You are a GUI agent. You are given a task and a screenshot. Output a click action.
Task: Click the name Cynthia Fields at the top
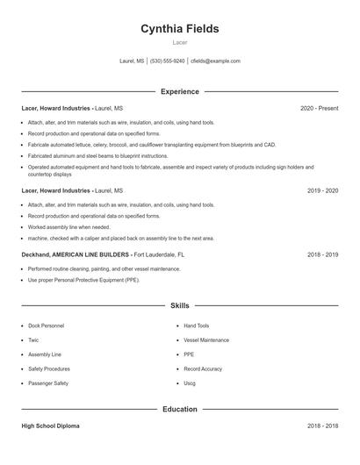(180, 29)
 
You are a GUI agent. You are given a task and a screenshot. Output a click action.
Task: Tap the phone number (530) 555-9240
(167, 61)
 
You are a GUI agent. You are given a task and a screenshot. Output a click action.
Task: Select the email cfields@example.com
(215, 61)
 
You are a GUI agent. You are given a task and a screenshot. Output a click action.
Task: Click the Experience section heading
(180, 91)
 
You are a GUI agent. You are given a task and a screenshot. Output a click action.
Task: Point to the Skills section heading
(180, 305)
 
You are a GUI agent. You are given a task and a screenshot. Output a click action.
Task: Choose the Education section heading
(180, 409)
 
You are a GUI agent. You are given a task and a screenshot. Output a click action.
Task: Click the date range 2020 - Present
(319, 109)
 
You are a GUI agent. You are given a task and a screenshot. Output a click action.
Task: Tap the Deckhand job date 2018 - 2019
(323, 254)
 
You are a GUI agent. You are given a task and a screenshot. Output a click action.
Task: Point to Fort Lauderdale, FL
(159, 254)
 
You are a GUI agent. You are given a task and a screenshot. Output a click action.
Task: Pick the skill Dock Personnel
(46, 325)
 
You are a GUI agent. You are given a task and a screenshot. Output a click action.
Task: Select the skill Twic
(33, 340)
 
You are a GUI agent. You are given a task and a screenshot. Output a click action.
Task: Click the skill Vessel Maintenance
(206, 340)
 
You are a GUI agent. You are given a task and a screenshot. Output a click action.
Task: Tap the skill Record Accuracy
(203, 369)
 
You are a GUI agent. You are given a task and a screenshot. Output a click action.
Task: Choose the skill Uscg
(190, 383)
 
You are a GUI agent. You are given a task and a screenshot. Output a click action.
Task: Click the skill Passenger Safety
(48, 383)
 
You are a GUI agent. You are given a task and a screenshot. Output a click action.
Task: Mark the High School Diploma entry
(50, 426)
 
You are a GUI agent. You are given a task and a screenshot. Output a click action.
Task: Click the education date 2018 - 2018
(323, 426)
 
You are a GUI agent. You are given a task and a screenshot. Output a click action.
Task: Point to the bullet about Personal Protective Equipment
(83, 280)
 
